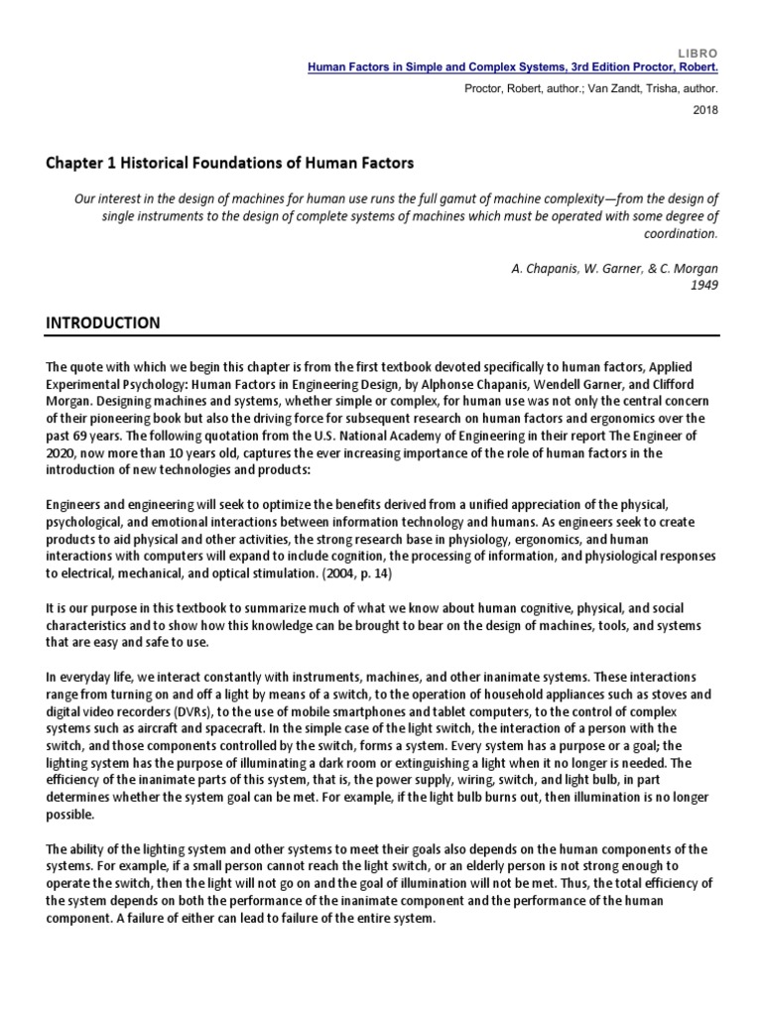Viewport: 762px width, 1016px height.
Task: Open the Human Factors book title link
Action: click(513, 67)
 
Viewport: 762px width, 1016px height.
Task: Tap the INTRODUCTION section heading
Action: click(100, 323)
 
